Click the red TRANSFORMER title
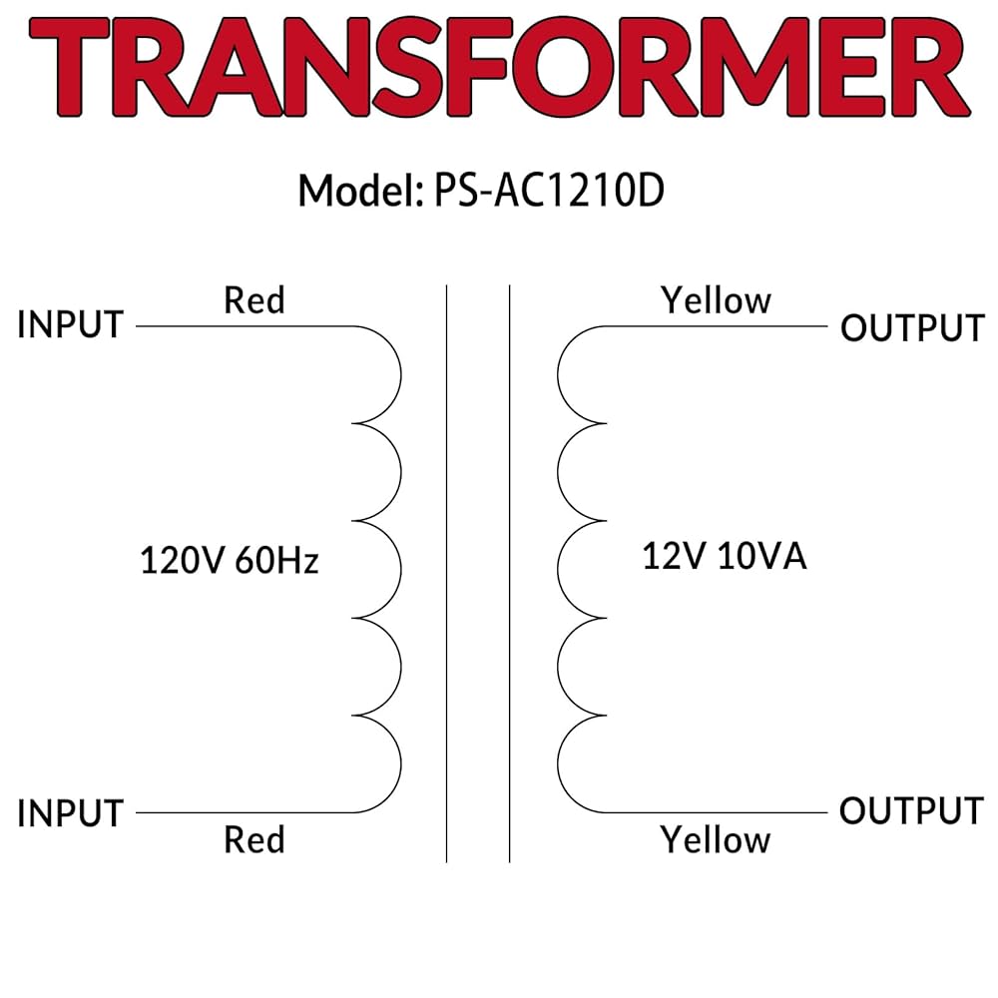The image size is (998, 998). tap(499, 70)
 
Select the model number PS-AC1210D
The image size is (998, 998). tap(548, 191)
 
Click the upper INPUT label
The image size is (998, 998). tap(70, 325)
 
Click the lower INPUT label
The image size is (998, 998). tap(70, 813)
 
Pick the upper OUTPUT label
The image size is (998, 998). tap(912, 327)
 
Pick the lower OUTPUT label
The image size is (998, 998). tap(912, 810)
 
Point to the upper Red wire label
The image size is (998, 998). tap(254, 299)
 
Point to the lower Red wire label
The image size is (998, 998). tap(254, 839)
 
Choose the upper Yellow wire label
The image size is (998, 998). tap(716, 299)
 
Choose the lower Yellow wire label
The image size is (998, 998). tap(716, 840)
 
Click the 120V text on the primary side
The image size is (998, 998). tap(183, 561)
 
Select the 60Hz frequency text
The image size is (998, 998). tap(276, 561)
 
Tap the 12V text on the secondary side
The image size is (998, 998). tap(674, 557)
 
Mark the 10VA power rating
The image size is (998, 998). tap(760, 557)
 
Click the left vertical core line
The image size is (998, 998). tap(446, 574)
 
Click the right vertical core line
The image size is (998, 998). tap(510, 574)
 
